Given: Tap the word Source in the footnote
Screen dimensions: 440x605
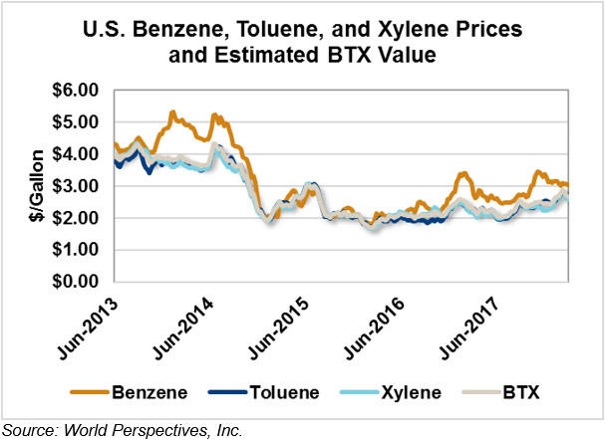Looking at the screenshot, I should tap(27, 429).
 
